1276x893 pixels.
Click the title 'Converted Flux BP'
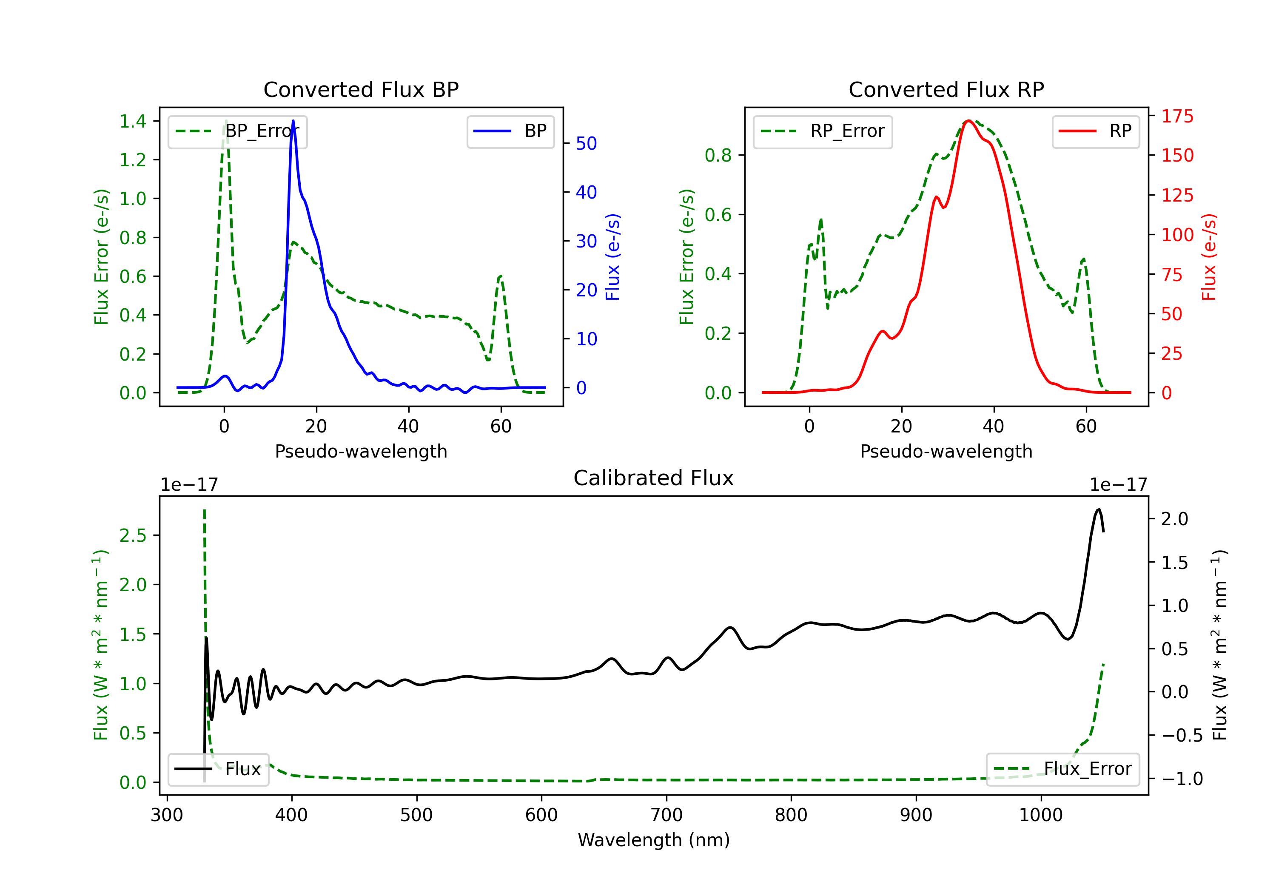(x=361, y=89)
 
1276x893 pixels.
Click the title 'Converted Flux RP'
(x=946, y=89)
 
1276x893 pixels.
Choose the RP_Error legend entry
(x=823, y=131)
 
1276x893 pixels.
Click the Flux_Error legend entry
(x=1062, y=769)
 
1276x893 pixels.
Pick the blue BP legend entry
(x=510, y=131)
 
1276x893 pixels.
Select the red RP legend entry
(x=1095, y=131)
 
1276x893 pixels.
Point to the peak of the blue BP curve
(x=293, y=121)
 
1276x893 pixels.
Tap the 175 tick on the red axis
(x=1177, y=116)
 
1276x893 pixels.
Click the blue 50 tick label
(x=586, y=143)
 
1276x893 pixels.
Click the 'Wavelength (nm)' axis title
(x=654, y=840)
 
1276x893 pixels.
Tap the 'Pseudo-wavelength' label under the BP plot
(x=361, y=451)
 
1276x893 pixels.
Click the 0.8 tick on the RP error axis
(x=718, y=155)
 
